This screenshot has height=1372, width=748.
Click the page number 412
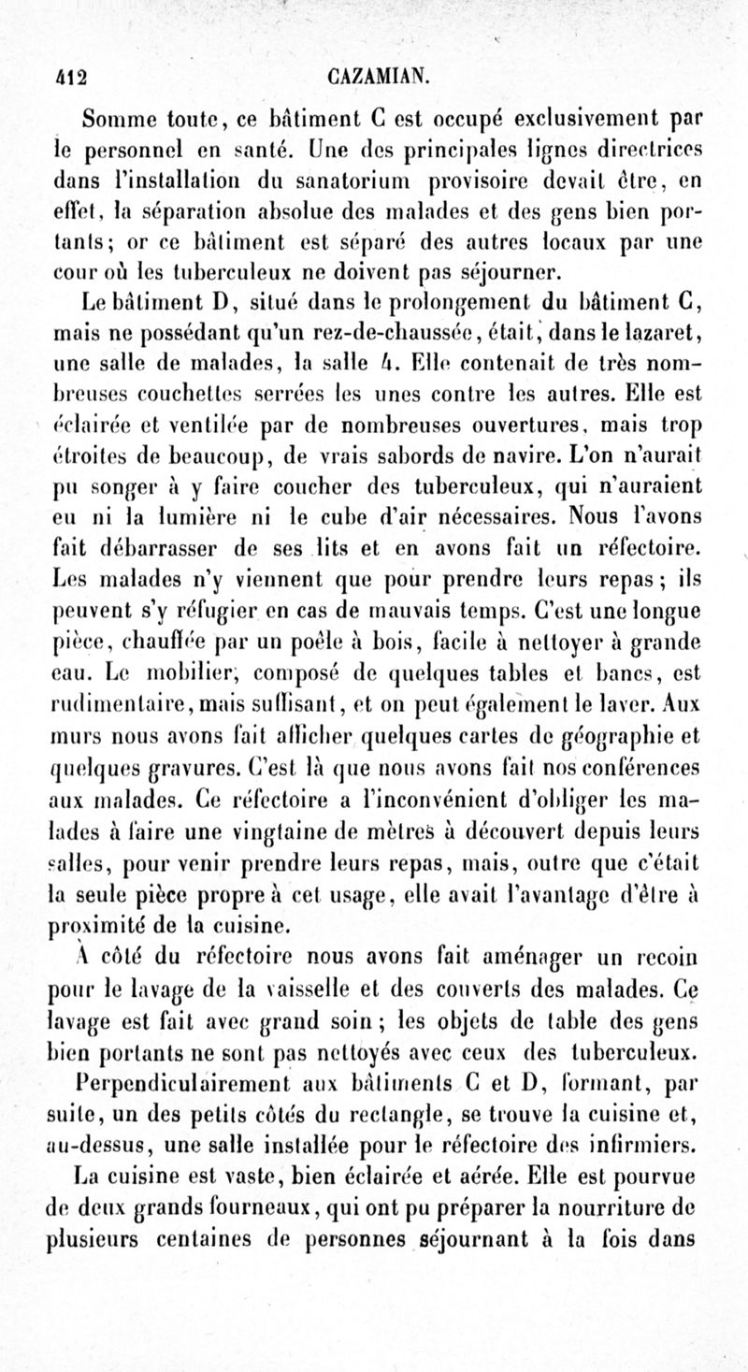68,75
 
